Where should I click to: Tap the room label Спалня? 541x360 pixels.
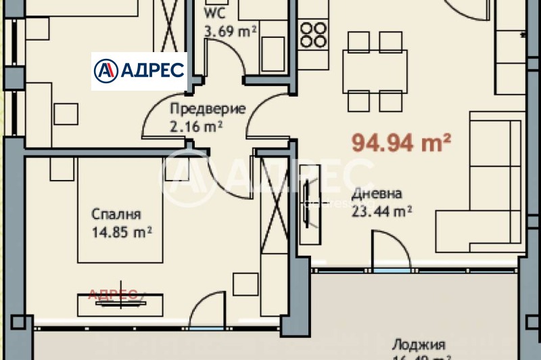tap(116, 215)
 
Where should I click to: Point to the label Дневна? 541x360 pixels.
tap(377, 194)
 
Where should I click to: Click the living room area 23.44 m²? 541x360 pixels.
tap(382, 210)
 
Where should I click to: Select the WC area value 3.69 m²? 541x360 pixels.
tap(230, 30)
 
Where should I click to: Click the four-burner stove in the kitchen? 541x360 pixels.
tap(313, 35)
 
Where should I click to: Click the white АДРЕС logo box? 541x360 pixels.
tap(139, 71)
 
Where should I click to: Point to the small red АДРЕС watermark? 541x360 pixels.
tap(114, 294)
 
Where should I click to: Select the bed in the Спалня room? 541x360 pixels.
tap(119, 210)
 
